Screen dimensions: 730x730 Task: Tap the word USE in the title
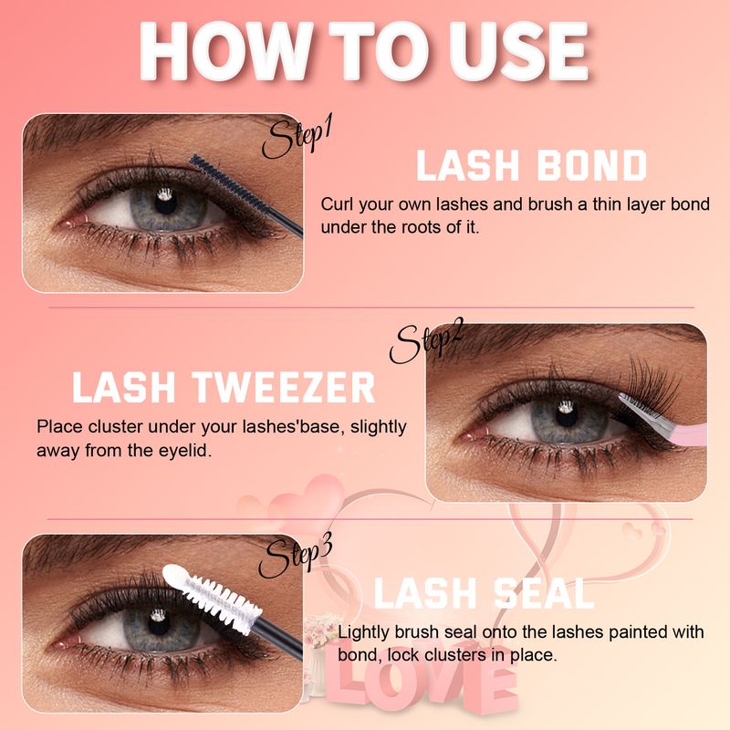[511, 50]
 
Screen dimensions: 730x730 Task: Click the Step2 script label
[427, 343]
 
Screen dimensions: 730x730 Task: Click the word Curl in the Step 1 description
[337, 203]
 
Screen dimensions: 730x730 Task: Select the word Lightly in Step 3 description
[365, 632]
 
